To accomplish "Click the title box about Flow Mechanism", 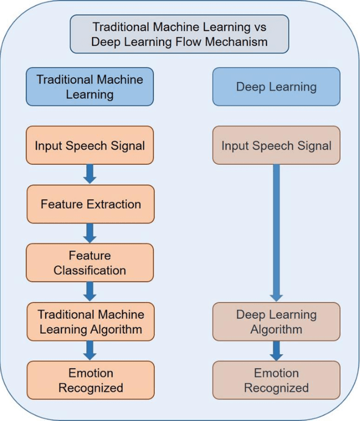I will [x=179, y=34].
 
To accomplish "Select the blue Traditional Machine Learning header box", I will [x=89, y=87].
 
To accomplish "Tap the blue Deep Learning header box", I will [x=276, y=87].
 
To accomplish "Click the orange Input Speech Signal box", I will [x=89, y=145].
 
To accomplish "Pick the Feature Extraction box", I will [x=89, y=204].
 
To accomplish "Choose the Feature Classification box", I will [x=89, y=263].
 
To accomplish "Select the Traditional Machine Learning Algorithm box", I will [x=89, y=321].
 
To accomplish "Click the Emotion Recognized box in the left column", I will [x=89, y=380].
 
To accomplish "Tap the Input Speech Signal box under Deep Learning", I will [x=276, y=146].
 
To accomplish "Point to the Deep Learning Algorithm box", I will [x=276, y=321].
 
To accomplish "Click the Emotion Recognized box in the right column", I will [x=276, y=380].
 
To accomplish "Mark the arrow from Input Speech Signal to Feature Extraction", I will [x=89, y=174].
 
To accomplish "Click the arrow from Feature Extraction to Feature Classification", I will [x=89, y=233].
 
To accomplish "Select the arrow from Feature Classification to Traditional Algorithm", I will [x=89, y=292].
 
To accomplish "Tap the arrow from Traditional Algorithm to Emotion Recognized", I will [x=89, y=350].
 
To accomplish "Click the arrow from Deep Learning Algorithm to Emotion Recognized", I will [x=276, y=351].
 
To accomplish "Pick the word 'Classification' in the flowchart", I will [x=89, y=270].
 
